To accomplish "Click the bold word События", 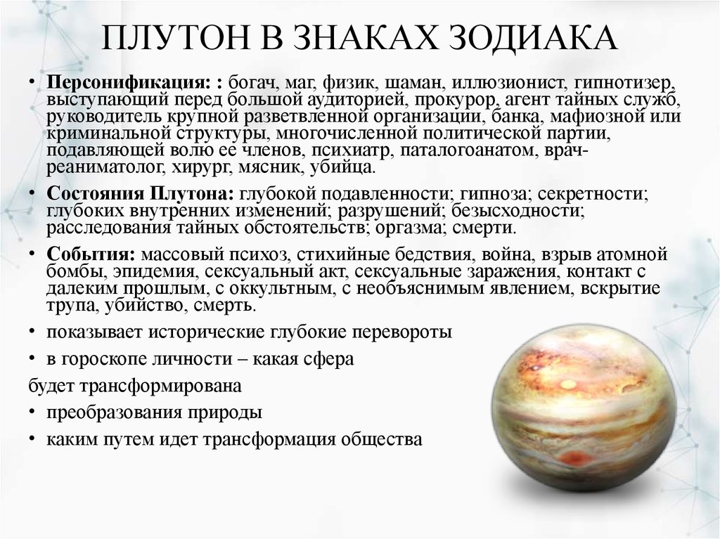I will point(89,254).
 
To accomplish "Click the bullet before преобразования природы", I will point(33,413).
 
